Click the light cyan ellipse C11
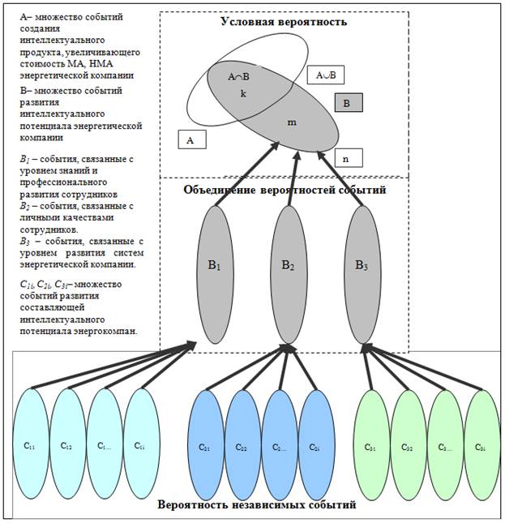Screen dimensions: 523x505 pos(31,444)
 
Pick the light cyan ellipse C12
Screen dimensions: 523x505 pos(67,444)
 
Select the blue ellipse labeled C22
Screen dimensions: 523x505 pos(242,444)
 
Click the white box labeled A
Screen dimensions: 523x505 pos(190,140)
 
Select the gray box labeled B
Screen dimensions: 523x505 pos(347,103)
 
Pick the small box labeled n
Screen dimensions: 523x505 pos(347,158)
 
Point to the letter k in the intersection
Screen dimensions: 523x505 pos(242,94)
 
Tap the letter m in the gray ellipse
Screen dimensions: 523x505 pos(293,122)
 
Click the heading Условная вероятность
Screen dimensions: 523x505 pos(284,22)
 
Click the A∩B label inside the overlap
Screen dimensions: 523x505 pos(240,76)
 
